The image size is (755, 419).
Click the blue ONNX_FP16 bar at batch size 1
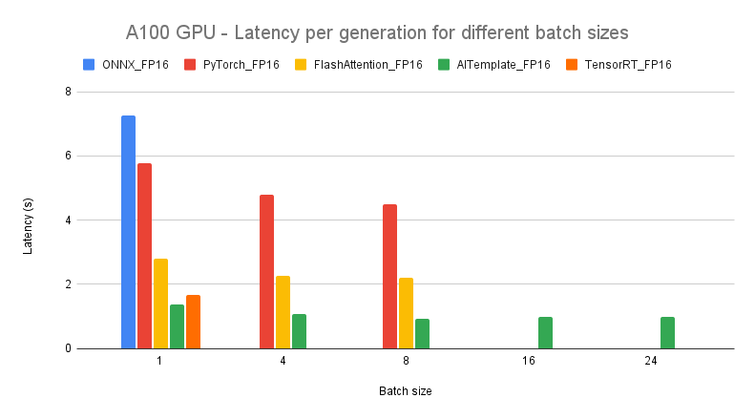tap(128, 232)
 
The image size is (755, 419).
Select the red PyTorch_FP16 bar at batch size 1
tap(144, 256)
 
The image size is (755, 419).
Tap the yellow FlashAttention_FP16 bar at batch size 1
tap(160, 304)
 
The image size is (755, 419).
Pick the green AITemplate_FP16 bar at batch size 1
tap(177, 326)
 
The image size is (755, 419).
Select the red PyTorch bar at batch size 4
tap(266, 272)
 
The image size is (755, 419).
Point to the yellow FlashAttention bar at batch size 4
tap(283, 312)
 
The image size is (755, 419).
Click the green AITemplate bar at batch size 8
tap(422, 333)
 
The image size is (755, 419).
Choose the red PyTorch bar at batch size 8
tap(389, 277)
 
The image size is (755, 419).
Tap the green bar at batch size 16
tap(545, 332)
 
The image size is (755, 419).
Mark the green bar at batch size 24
tap(667, 332)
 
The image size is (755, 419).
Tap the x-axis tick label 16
tap(529, 363)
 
